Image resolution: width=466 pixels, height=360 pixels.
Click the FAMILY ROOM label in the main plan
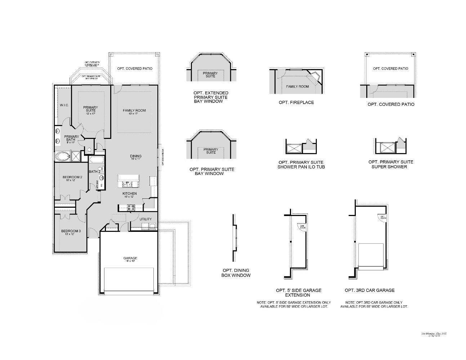134,111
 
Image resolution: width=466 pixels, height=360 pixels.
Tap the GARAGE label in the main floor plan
130,258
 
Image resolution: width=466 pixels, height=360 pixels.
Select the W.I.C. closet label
64,105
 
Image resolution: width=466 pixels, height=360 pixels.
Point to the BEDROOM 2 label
72,177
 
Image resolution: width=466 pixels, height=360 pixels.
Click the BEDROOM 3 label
71,231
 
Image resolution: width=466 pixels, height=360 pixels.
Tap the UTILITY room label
145,219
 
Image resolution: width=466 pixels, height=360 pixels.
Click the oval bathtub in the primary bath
63,157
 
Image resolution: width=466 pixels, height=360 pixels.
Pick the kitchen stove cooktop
130,207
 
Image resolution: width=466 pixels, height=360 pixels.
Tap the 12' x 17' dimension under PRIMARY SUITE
90,113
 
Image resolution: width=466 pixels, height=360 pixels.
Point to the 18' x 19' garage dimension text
130,262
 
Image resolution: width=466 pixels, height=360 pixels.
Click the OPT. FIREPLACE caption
296,103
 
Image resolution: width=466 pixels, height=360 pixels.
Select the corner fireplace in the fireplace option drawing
316,78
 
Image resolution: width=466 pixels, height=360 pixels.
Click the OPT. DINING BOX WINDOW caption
236,273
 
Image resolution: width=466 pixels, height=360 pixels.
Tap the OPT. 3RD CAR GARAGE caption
369,290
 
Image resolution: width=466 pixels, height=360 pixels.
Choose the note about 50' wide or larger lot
294,305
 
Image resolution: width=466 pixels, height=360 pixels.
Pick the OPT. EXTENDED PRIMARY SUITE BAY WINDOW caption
210,97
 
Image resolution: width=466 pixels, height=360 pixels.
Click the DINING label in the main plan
136,156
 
